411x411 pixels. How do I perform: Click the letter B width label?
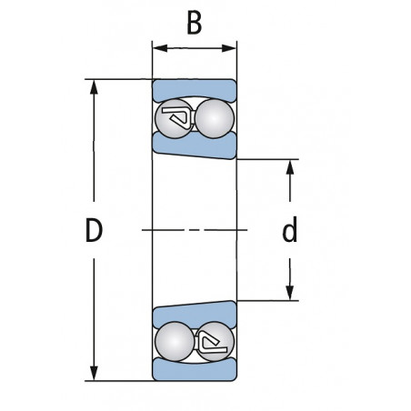[x=194, y=23]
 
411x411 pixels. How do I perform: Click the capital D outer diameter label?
[x=94, y=230]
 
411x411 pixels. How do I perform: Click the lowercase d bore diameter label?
[x=290, y=229]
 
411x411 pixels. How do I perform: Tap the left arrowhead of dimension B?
[x=160, y=48]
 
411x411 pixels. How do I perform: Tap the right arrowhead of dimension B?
[x=229, y=48]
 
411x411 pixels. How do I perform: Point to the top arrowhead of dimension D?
[x=94, y=87]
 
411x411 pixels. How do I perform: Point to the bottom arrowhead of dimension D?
[x=94, y=373]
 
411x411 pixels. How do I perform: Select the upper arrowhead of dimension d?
[x=290, y=166]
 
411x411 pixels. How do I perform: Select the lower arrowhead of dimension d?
[x=290, y=293]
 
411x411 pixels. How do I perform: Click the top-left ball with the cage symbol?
[x=175, y=118]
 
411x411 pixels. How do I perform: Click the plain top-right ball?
[x=215, y=118]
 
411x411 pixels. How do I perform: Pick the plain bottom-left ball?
[x=175, y=341]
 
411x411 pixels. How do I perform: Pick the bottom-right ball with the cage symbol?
[x=215, y=341]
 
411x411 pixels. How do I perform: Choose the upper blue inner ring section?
[x=194, y=145]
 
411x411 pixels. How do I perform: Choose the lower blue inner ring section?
[x=194, y=315]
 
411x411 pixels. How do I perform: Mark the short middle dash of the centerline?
[x=195, y=230]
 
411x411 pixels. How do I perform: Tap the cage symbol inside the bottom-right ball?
[x=212, y=344]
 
